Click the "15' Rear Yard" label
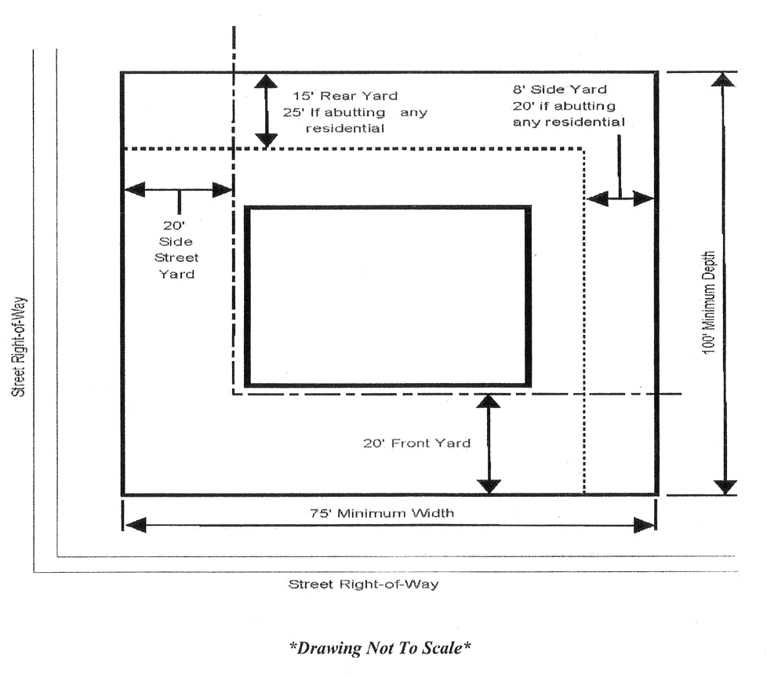pos(345,96)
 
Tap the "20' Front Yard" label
pos(416,443)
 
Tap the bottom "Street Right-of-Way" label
pos(363,584)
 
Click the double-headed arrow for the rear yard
pos(267,111)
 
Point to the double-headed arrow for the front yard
pos(489,443)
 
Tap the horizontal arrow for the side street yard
pos(178,189)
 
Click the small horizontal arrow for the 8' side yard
pos(620,199)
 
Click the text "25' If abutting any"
pos(354,112)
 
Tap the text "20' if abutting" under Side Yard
pos(565,106)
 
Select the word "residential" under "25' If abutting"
pos(345,129)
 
